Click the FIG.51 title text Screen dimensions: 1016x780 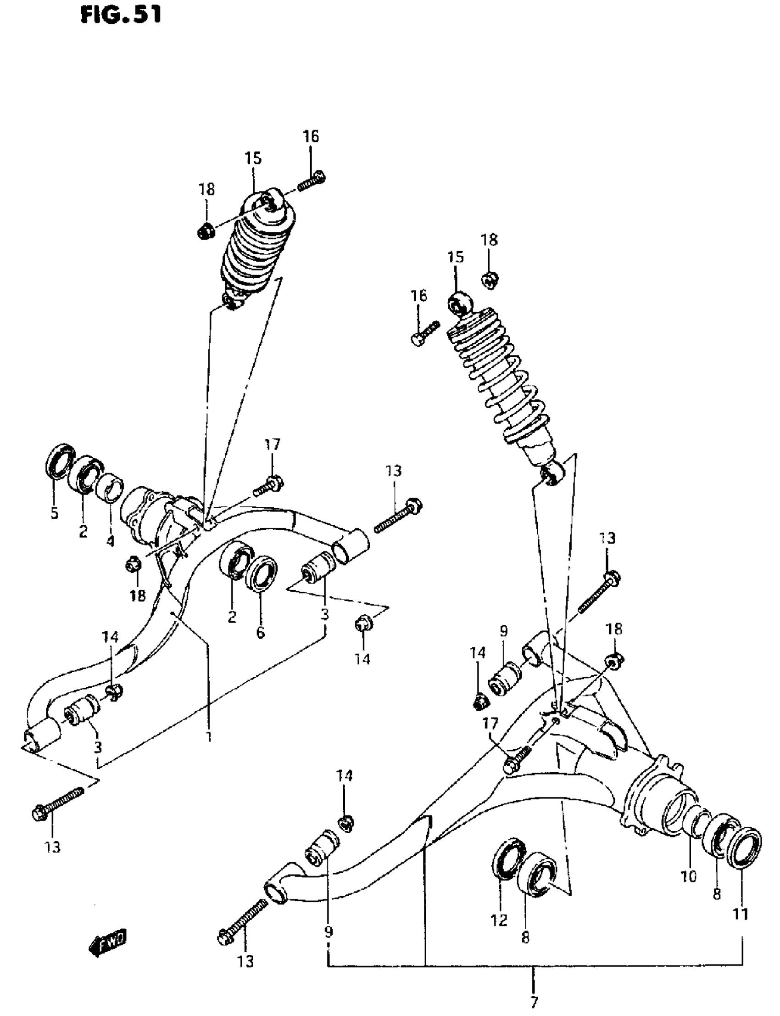tap(121, 15)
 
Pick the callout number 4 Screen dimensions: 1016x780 tap(110, 541)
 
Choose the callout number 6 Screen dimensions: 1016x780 tap(260, 632)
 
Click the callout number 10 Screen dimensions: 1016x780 tap(689, 876)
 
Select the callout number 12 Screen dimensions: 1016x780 tap(499, 920)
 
